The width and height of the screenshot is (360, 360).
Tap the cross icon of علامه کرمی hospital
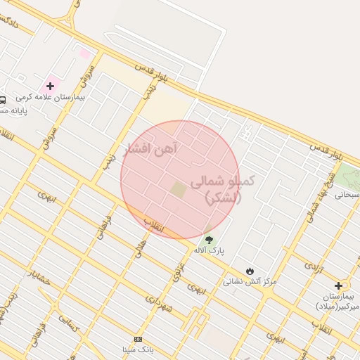pyautogui.click(x=50, y=86)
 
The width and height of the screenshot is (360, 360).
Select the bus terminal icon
pyautogui.click(x=3, y=100)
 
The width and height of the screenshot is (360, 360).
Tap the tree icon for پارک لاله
pyautogui.click(x=209, y=240)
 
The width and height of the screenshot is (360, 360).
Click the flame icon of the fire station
pyautogui.click(x=250, y=271)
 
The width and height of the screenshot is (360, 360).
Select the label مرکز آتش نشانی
pyautogui.click(x=250, y=281)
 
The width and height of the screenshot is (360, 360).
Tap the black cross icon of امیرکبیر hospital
pyautogui.click(x=339, y=285)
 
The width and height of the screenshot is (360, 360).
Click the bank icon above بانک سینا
pyautogui.click(x=138, y=339)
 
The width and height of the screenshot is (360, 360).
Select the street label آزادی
pyautogui.click(x=311, y=265)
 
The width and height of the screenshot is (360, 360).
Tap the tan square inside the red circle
pyautogui.click(x=179, y=189)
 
